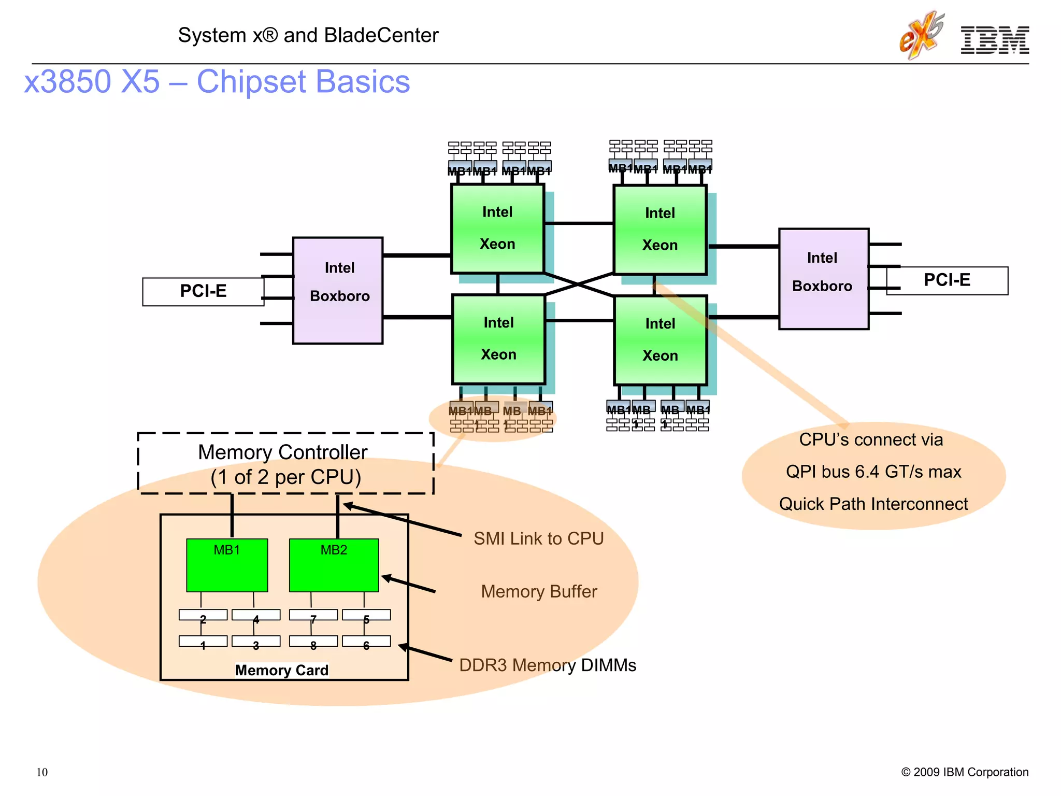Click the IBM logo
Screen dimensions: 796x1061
click(x=994, y=40)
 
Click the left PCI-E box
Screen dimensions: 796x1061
click(x=203, y=291)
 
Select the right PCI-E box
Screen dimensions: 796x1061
click(x=947, y=280)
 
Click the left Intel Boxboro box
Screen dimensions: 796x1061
click(x=338, y=290)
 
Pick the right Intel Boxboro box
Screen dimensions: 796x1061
click(x=823, y=279)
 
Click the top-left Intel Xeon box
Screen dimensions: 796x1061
click(x=497, y=229)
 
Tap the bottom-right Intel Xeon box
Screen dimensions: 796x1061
click(x=660, y=340)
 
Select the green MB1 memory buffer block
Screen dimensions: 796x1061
click(x=227, y=565)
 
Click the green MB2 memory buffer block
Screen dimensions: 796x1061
click(x=334, y=565)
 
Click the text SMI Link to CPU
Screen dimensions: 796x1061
click(x=538, y=538)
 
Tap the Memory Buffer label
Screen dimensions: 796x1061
click(x=539, y=592)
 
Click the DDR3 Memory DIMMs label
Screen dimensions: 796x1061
click(x=548, y=665)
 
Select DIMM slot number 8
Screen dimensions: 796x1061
click(x=313, y=642)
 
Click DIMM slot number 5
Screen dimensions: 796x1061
click(x=366, y=616)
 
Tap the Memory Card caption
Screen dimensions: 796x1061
click(x=282, y=670)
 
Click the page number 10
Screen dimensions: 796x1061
click(x=42, y=772)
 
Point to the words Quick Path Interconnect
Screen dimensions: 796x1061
click(x=873, y=504)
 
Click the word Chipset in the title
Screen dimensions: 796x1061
click(x=251, y=82)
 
